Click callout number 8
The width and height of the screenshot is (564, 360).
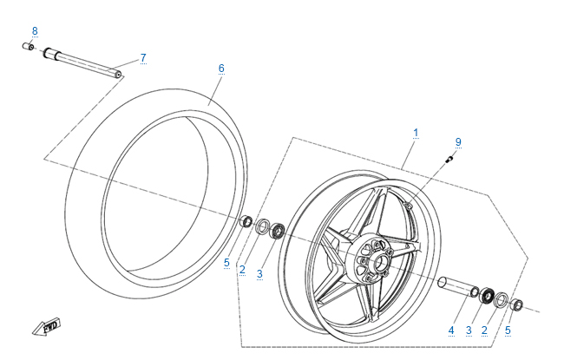coord(35,31)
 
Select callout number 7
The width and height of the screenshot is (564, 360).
coord(143,58)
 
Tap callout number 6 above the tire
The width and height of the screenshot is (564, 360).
coord(221,68)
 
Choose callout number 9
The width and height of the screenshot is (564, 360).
coord(458,141)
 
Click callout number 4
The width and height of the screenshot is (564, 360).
coord(451,331)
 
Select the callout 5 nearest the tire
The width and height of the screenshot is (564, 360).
coord(227,262)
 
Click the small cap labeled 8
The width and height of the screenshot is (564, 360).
coord(28,47)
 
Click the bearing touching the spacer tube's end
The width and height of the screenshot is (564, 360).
coord(486,295)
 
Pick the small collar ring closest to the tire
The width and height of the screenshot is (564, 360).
coord(246,222)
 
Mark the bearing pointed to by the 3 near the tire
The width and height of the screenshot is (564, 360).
coord(279,232)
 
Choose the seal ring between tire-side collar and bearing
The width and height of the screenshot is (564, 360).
coord(262,226)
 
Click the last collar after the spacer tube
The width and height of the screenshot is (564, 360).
coord(518,304)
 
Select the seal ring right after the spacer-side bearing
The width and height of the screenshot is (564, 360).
coord(502,299)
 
